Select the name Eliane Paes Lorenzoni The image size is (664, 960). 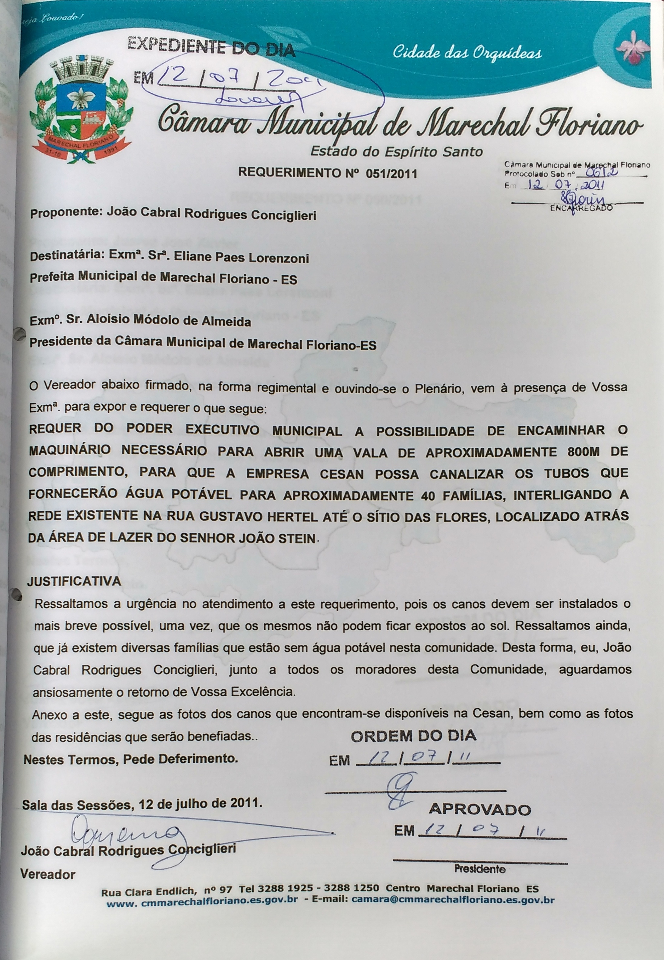241,258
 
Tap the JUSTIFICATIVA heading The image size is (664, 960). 74,581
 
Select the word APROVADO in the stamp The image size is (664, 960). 480,810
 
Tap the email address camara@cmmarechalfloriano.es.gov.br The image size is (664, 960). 453,900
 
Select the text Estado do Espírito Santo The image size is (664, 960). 396,151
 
